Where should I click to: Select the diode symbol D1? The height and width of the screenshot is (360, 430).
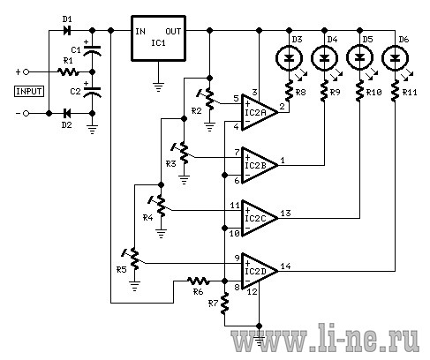67,30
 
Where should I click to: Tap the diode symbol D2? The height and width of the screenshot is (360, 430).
67,113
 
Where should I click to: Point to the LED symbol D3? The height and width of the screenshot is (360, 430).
289,58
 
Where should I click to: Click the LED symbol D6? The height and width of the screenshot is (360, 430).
395,58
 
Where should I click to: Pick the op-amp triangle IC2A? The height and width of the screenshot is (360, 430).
260,112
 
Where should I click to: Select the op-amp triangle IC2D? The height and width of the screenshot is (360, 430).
260,271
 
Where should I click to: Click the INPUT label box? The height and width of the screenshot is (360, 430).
29,92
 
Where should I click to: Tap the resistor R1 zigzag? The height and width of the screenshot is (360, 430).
68,71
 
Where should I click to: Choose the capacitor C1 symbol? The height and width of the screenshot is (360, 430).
92,49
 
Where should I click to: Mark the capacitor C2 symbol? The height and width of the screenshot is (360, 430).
92,92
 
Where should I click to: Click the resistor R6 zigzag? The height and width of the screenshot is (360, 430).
199,281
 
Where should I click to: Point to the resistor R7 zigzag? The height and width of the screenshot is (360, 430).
224,304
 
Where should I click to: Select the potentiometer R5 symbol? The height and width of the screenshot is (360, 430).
132,259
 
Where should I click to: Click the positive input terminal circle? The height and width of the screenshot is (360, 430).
26,71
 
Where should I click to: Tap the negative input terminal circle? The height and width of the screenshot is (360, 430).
26,113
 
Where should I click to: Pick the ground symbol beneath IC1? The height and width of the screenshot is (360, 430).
158,86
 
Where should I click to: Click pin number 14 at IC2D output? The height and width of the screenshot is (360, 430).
285,266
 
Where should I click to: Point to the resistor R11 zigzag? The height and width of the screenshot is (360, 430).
395,91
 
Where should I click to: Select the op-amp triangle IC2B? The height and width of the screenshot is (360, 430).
260,165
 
